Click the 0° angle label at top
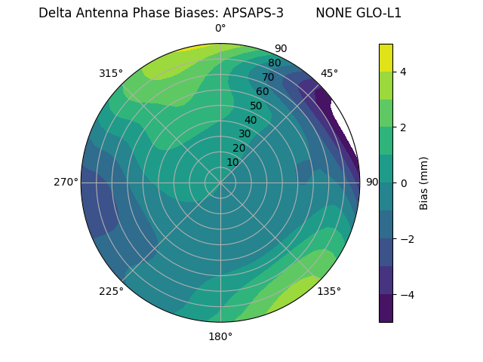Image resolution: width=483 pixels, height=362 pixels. tap(220, 29)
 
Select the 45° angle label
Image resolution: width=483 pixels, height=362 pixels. tap(329, 73)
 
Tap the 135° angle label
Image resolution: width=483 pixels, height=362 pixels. tap(329, 291)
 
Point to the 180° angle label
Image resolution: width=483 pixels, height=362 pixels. tap(220, 336)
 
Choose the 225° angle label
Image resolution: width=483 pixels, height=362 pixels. tap(111, 291)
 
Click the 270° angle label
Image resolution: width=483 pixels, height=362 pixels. tap(66, 182)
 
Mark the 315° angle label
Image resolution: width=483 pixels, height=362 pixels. tap(111, 73)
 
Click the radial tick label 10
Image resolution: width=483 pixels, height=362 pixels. tap(232, 162)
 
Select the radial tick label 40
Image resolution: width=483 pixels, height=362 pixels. tap(251, 120)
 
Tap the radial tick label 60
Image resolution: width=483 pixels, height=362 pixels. tap(263, 92)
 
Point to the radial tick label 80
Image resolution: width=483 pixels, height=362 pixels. tap(275, 63)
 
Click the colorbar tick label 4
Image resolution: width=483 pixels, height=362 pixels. tap(404, 72)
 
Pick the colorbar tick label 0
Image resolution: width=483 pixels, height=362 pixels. tap(404, 183)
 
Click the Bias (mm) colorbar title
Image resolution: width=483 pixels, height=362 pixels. tap(424, 183)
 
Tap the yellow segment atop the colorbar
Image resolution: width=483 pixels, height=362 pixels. tap(386, 57)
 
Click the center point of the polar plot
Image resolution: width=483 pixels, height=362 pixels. tap(220, 183)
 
